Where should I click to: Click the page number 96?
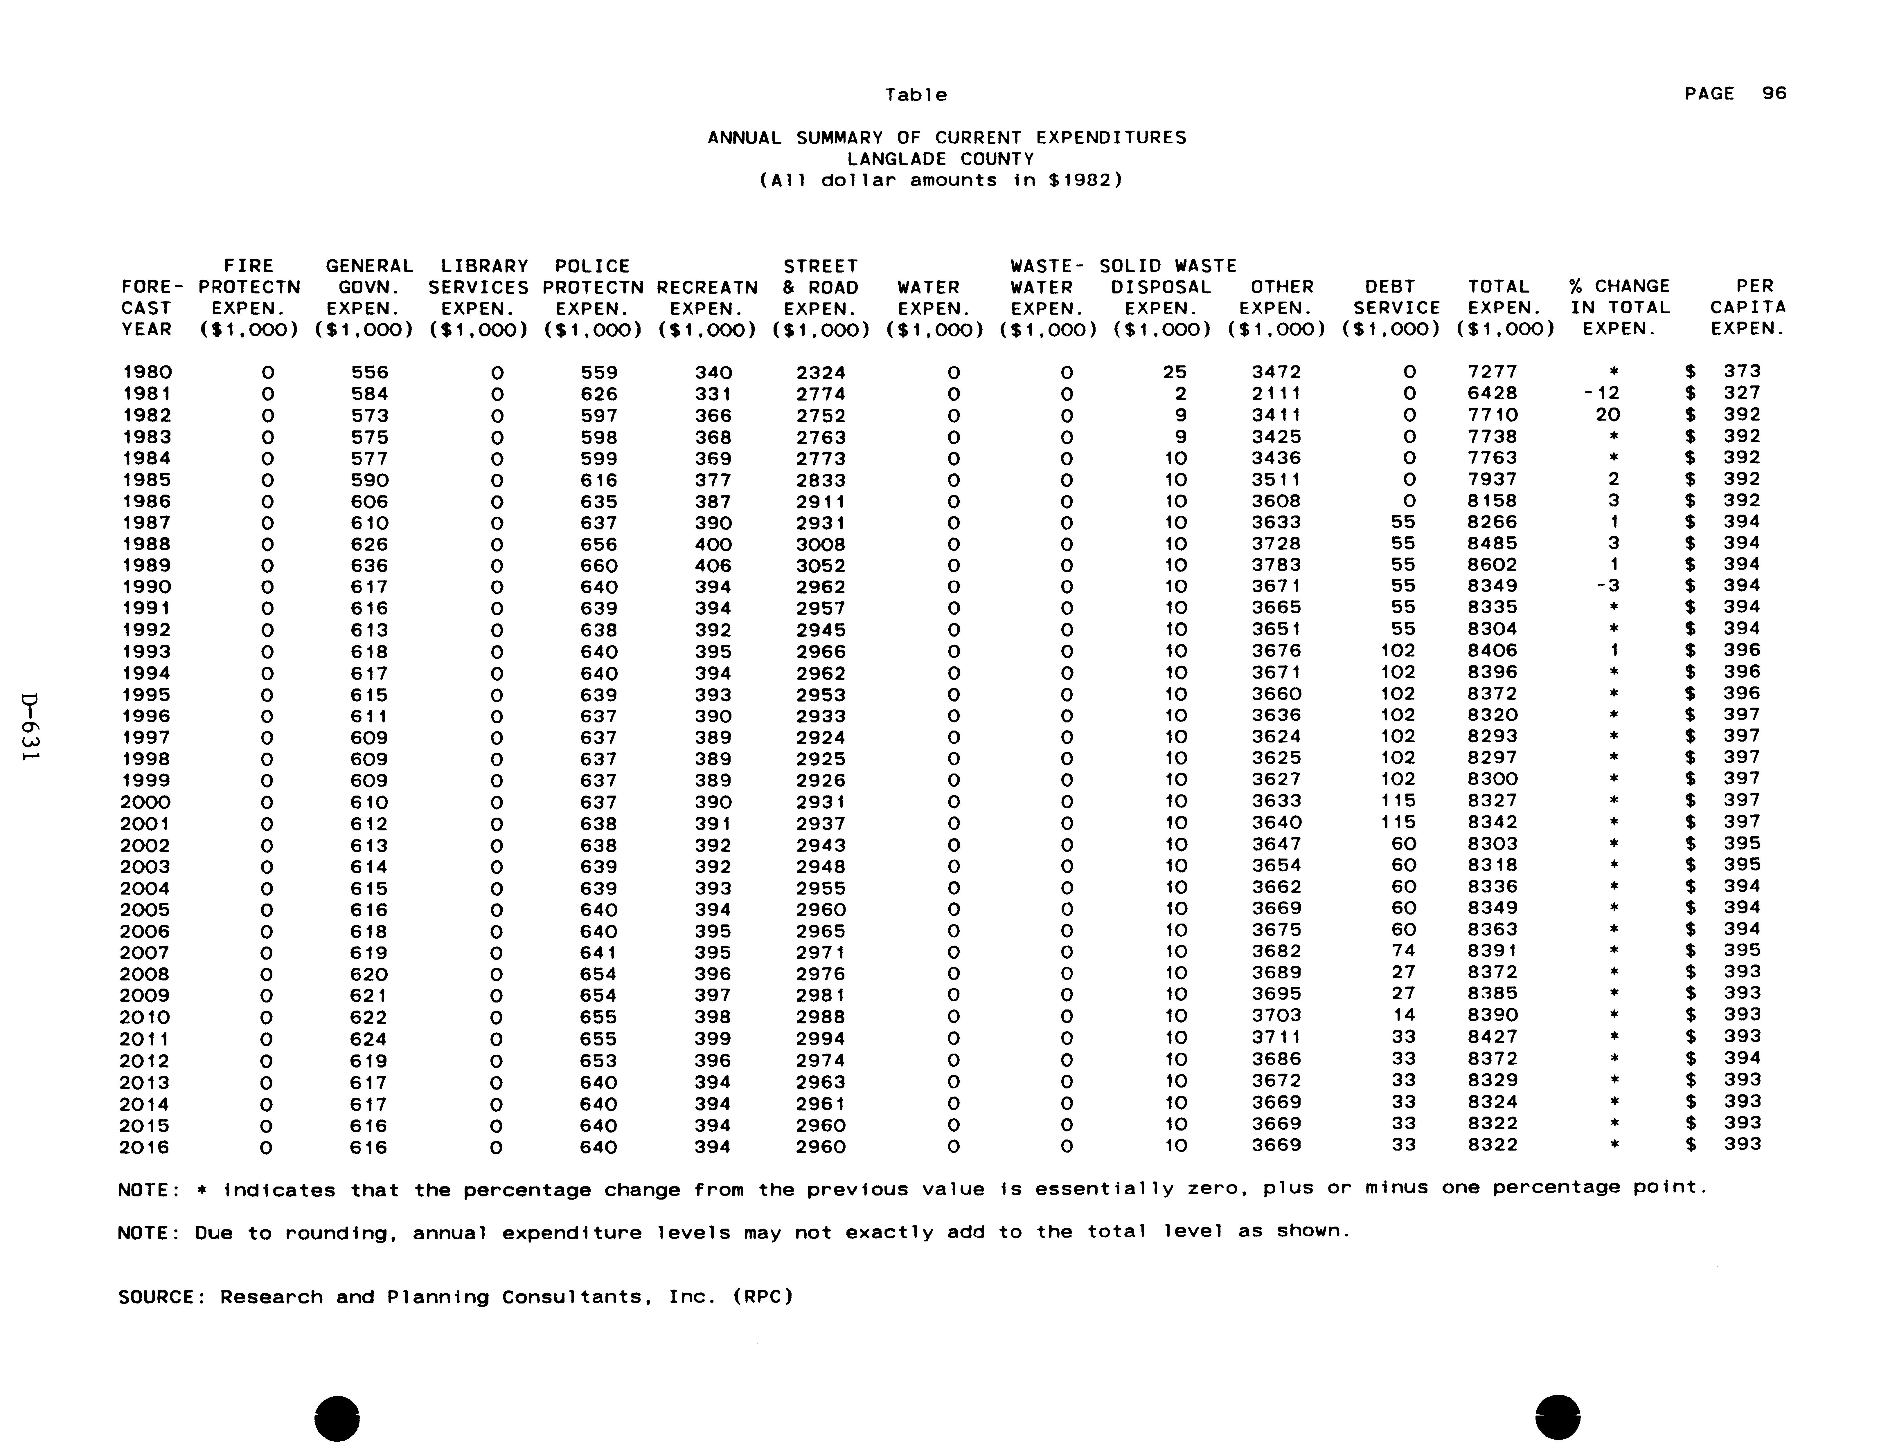pos(1774,93)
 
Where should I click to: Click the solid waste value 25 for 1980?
pos(1175,372)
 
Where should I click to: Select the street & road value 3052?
pos(820,566)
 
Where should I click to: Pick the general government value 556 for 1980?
pos(370,372)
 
